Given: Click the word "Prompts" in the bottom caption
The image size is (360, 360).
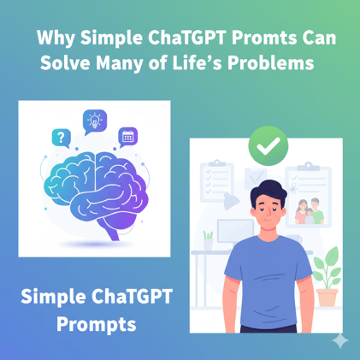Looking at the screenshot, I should tap(96, 325).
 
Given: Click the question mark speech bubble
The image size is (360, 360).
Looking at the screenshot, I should tap(60, 137).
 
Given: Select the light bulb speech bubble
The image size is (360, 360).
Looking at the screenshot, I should tap(94, 121).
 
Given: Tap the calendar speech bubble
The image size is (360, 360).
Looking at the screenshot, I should tap(128, 135).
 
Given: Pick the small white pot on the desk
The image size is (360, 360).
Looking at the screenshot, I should tap(207, 242).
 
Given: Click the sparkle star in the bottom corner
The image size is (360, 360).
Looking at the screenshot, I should tap(339, 339).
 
